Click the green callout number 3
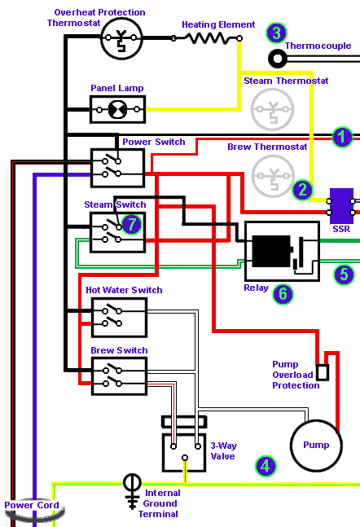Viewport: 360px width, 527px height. pyautogui.click(x=276, y=33)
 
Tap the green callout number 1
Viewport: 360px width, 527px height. pyautogui.click(x=342, y=137)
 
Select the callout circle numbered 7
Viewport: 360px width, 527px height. pyautogui.click(x=131, y=224)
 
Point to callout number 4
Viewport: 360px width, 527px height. pyautogui.click(x=266, y=466)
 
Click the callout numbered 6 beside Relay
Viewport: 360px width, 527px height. pyautogui.click(x=283, y=294)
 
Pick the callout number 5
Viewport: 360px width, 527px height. pyautogui.click(x=344, y=274)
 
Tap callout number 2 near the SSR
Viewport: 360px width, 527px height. pyautogui.click(x=302, y=190)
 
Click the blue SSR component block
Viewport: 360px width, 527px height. pyautogui.click(x=341, y=206)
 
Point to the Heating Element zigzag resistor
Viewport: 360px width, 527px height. pyautogui.click(x=206, y=38)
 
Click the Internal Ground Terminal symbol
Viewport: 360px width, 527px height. pyautogui.click(x=132, y=491)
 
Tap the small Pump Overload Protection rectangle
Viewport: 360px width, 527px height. pyautogui.click(x=323, y=372)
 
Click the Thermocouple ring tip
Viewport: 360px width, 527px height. pyautogui.click(x=278, y=59)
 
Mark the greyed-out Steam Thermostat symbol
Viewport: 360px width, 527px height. pyautogui.click(x=273, y=110)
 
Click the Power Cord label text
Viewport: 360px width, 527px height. pyautogui.click(x=32, y=505)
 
